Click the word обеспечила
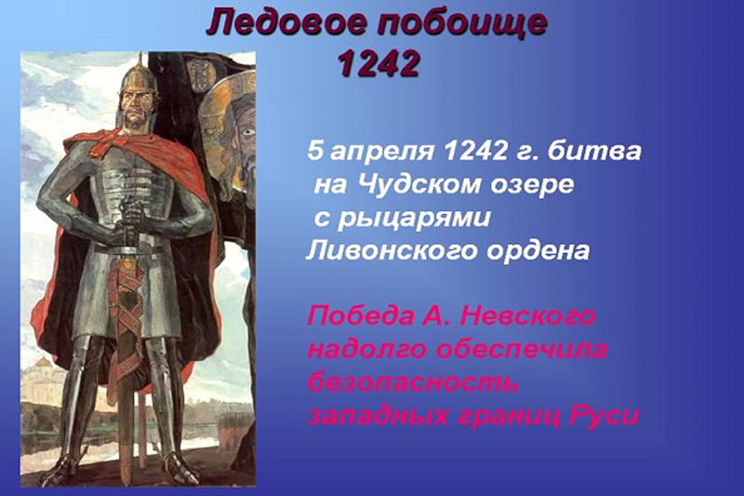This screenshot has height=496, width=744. (x=529, y=350)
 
